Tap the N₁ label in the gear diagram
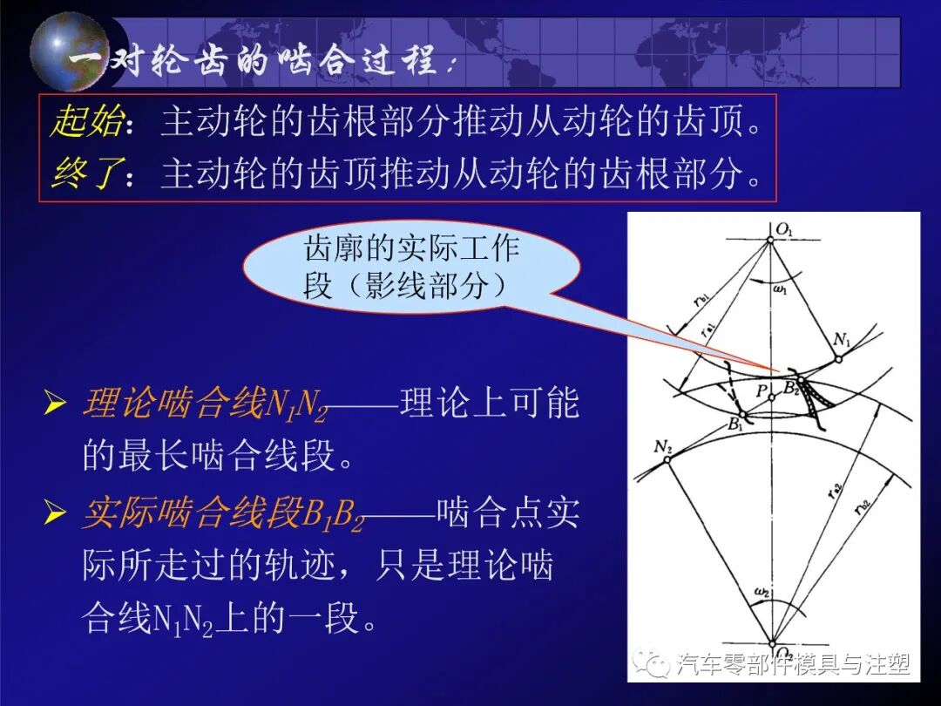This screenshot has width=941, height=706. tap(843, 339)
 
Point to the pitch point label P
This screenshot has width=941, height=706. tap(761, 392)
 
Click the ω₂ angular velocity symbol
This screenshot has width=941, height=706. tap(761, 593)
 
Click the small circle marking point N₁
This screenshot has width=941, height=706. tap(837, 356)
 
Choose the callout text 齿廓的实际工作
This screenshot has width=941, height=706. tap(411, 249)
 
